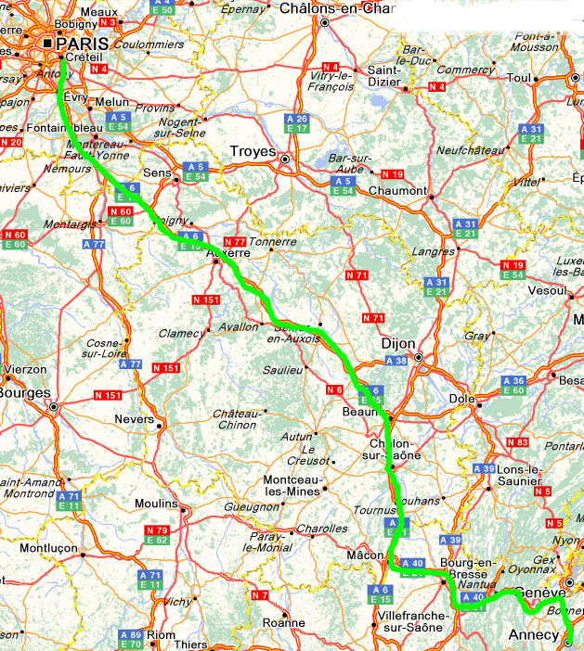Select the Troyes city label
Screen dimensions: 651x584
click(x=253, y=150)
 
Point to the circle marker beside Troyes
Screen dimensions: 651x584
click(x=285, y=159)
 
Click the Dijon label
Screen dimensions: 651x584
click(x=398, y=342)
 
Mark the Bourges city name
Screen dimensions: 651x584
click(x=22, y=391)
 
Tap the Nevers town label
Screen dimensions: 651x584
click(x=135, y=419)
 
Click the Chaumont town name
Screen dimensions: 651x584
click(x=397, y=191)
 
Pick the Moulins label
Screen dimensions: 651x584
click(x=155, y=504)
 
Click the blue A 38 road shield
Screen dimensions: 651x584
click(x=396, y=361)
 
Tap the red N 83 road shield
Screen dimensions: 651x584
click(x=518, y=442)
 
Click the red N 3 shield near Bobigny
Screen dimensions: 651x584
click(x=109, y=21)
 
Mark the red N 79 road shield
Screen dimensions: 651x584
click(x=156, y=530)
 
